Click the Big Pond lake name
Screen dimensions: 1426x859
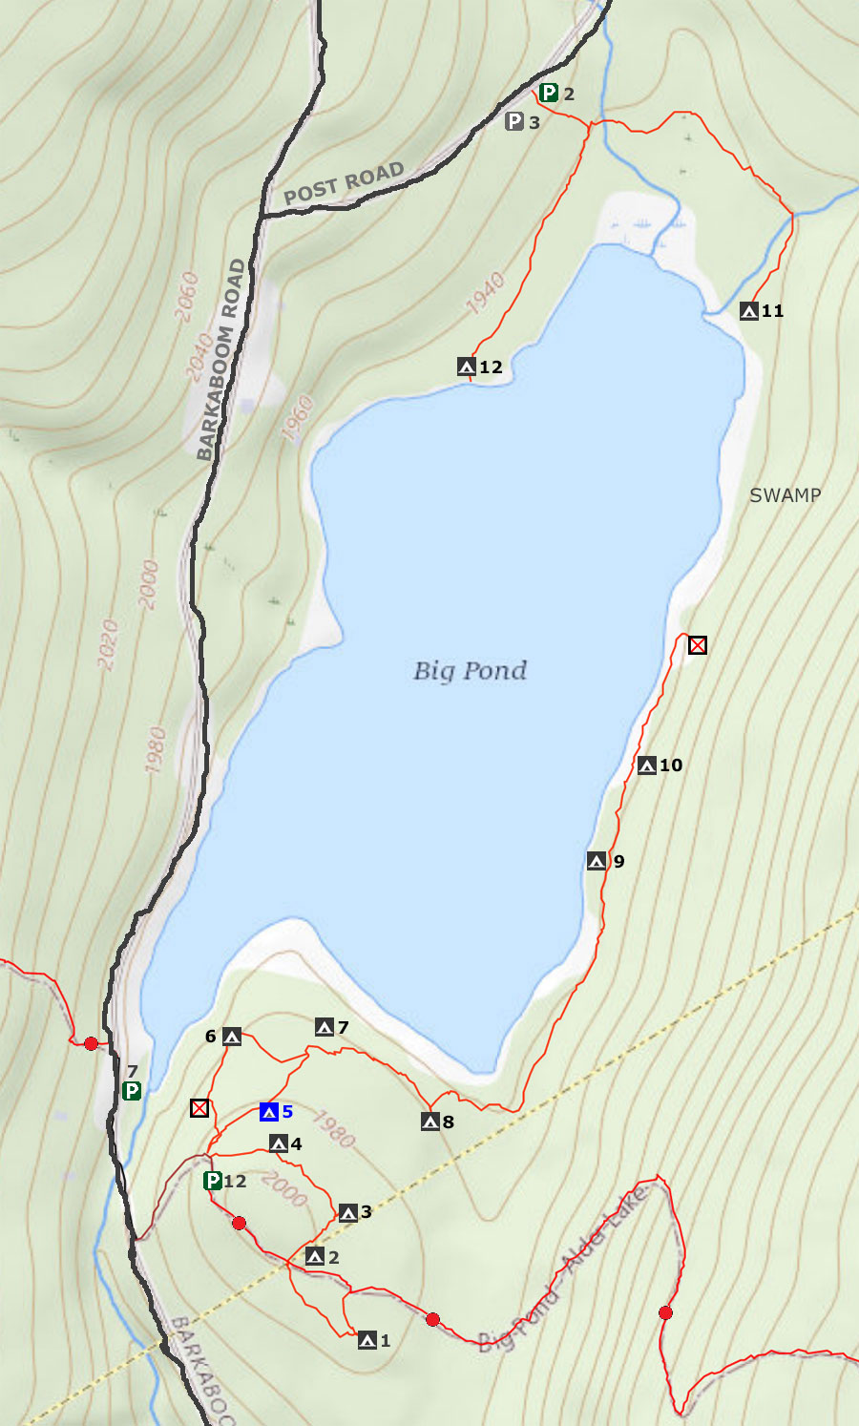point(470,671)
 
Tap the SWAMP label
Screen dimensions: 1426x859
point(785,495)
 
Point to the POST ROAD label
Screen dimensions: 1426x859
point(344,184)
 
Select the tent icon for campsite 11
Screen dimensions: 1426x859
point(749,311)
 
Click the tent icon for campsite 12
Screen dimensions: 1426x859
point(467,367)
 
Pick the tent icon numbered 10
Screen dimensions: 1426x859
point(647,765)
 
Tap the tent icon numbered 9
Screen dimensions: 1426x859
point(597,862)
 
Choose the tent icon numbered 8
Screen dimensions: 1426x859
point(430,1122)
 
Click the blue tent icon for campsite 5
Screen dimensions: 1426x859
point(269,1112)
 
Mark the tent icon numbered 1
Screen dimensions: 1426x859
point(367,1341)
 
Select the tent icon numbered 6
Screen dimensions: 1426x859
point(232,1037)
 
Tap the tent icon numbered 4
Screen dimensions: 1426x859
point(278,1143)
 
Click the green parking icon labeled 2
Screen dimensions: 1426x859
point(549,93)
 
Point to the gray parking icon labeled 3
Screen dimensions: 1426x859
point(514,121)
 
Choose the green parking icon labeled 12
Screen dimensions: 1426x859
point(213,1181)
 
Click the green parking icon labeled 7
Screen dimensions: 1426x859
point(132,1091)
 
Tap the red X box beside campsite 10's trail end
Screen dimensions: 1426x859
point(698,645)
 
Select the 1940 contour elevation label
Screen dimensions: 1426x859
point(486,293)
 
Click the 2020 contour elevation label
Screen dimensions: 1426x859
point(108,645)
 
